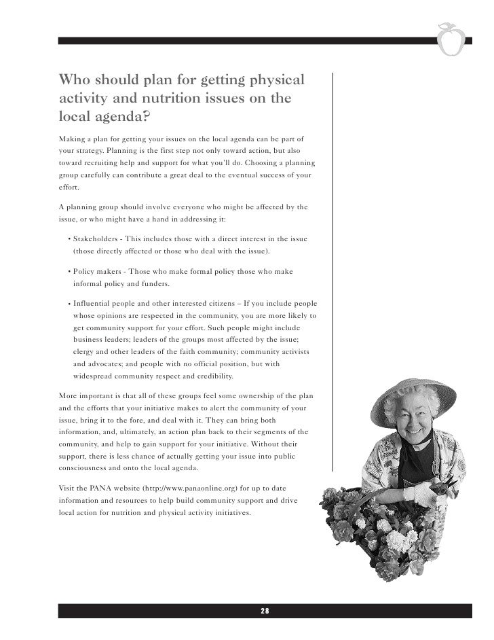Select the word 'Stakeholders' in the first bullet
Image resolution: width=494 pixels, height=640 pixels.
click(x=95, y=240)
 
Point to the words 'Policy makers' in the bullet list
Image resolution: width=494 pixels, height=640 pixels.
click(x=95, y=271)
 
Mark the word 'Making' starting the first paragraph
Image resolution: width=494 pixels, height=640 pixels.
click(x=71, y=137)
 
